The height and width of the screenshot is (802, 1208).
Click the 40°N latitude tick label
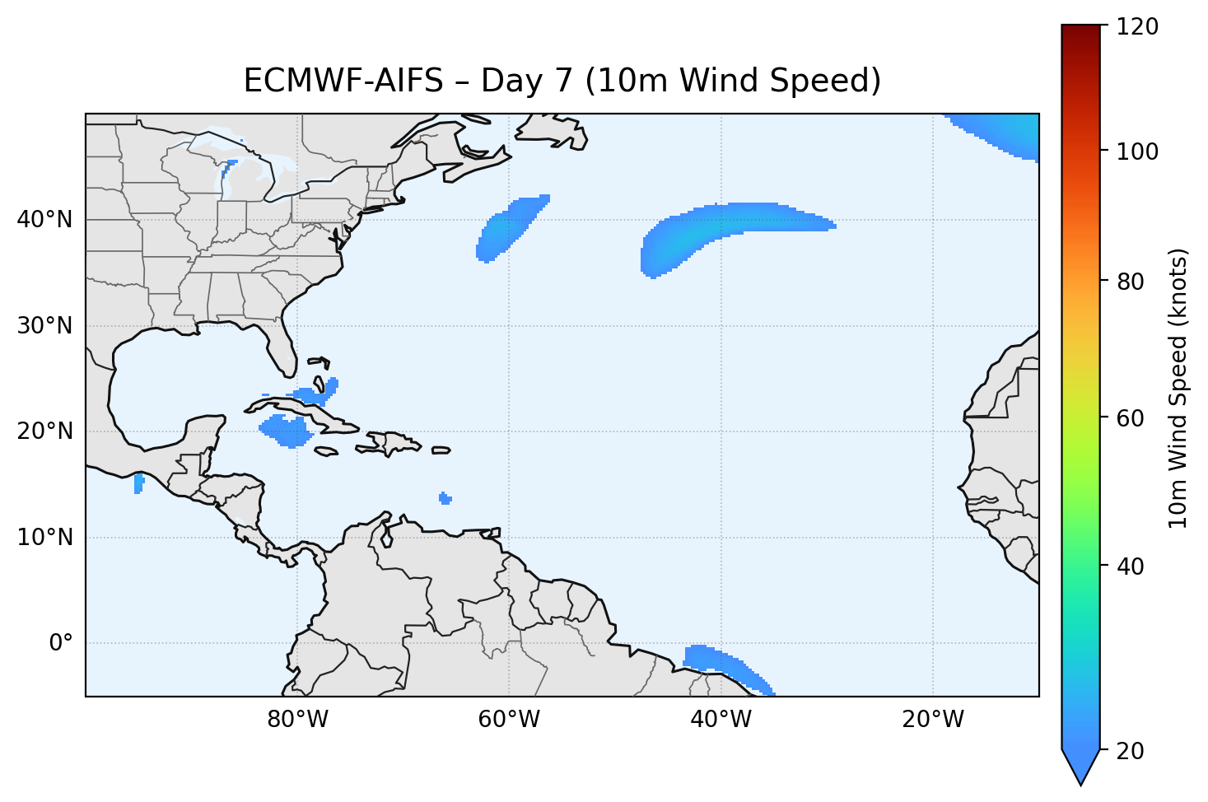click(44, 220)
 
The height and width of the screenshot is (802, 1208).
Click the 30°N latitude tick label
click(44, 326)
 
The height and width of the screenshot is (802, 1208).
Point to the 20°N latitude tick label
click(44, 431)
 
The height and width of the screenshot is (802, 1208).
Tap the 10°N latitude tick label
click(44, 538)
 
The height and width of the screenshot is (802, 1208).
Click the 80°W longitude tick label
click(297, 720)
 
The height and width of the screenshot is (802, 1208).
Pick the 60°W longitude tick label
click(509, 720)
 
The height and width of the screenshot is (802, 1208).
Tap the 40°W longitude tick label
click(721, 720)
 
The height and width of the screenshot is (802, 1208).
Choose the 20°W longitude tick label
click(932, 720)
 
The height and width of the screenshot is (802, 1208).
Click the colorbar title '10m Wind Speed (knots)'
click(1178, 388)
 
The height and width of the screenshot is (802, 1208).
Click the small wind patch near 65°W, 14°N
click(445, 498)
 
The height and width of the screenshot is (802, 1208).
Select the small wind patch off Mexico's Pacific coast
click(138, 483)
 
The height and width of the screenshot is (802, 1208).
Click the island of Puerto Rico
click(441, 450)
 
